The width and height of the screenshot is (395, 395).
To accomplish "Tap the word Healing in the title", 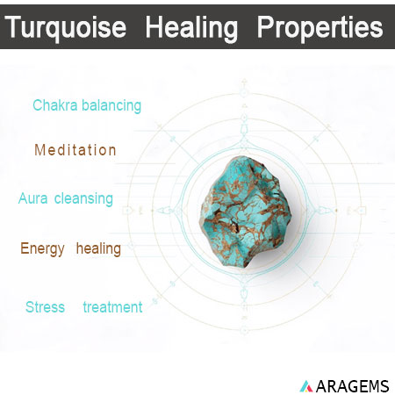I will click(191, 28).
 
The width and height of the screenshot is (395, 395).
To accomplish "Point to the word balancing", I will click(110, 105).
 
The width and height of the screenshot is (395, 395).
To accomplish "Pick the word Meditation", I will click(75, 150).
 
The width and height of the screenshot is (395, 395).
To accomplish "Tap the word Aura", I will click(33, 198).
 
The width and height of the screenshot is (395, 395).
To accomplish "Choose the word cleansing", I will click(83, 198).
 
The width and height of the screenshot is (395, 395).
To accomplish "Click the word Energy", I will click(43, 249).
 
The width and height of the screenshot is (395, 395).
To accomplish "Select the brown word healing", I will click(98, 249).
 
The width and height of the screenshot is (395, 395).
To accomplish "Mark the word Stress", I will click(45, 307).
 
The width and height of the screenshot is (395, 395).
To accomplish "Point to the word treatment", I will click(112, 307).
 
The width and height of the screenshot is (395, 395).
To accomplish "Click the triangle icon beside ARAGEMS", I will click(305, 385).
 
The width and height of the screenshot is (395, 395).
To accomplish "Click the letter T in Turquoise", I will click(13, 28).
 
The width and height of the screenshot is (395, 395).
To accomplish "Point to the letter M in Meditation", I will click(39, 150).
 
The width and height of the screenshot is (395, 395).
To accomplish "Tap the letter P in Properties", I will click(265, 28).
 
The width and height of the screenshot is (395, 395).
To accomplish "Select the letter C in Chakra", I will click(37, 105).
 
